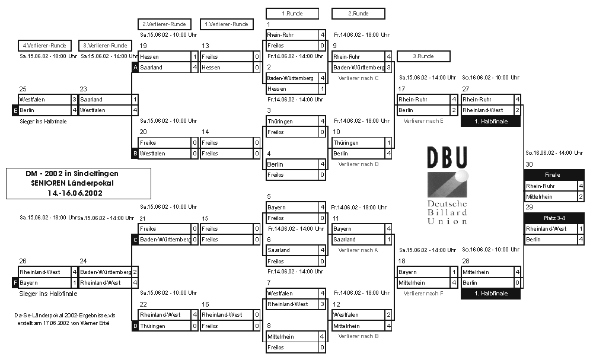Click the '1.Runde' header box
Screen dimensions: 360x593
[x=292, y=13]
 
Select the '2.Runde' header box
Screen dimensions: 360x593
[x=358, y=13]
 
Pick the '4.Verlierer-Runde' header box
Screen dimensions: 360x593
[x=44, y=45]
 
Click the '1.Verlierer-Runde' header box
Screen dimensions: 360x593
[x=227, y=24]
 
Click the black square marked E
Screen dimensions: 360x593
[x=15, y=110]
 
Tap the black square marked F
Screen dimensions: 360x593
[x=15, y=283]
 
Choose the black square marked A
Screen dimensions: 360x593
[x=135, y=68]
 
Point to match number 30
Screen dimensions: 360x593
[x=529, y=164]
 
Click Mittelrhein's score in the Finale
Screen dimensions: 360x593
[x=581, y=196]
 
